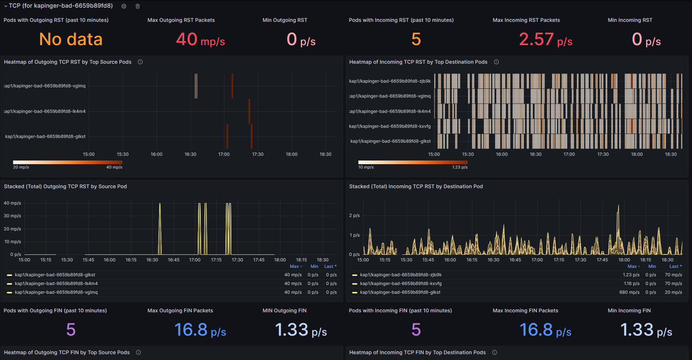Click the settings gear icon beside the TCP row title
pos(124,6)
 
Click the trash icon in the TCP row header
pos(138,6)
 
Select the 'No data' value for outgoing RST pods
pos(71,39)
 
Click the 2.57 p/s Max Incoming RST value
pos(545,40)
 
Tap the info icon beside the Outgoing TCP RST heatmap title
pos(140,62)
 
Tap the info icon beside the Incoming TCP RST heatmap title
pos(496,62)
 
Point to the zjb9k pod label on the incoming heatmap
pos(390,81)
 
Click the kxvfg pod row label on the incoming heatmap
pos(390,126)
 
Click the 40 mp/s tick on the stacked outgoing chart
pos(12,203)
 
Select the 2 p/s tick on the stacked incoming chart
pos(354,215)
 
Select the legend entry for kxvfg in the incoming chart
pos(401,284)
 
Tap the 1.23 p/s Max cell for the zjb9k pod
pos(631,275)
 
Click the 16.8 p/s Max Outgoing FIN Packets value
pos(200,330)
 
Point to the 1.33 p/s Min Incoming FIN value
pos(646,330)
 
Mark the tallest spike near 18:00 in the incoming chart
pos(618,207)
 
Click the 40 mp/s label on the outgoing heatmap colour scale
pos(114,167)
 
